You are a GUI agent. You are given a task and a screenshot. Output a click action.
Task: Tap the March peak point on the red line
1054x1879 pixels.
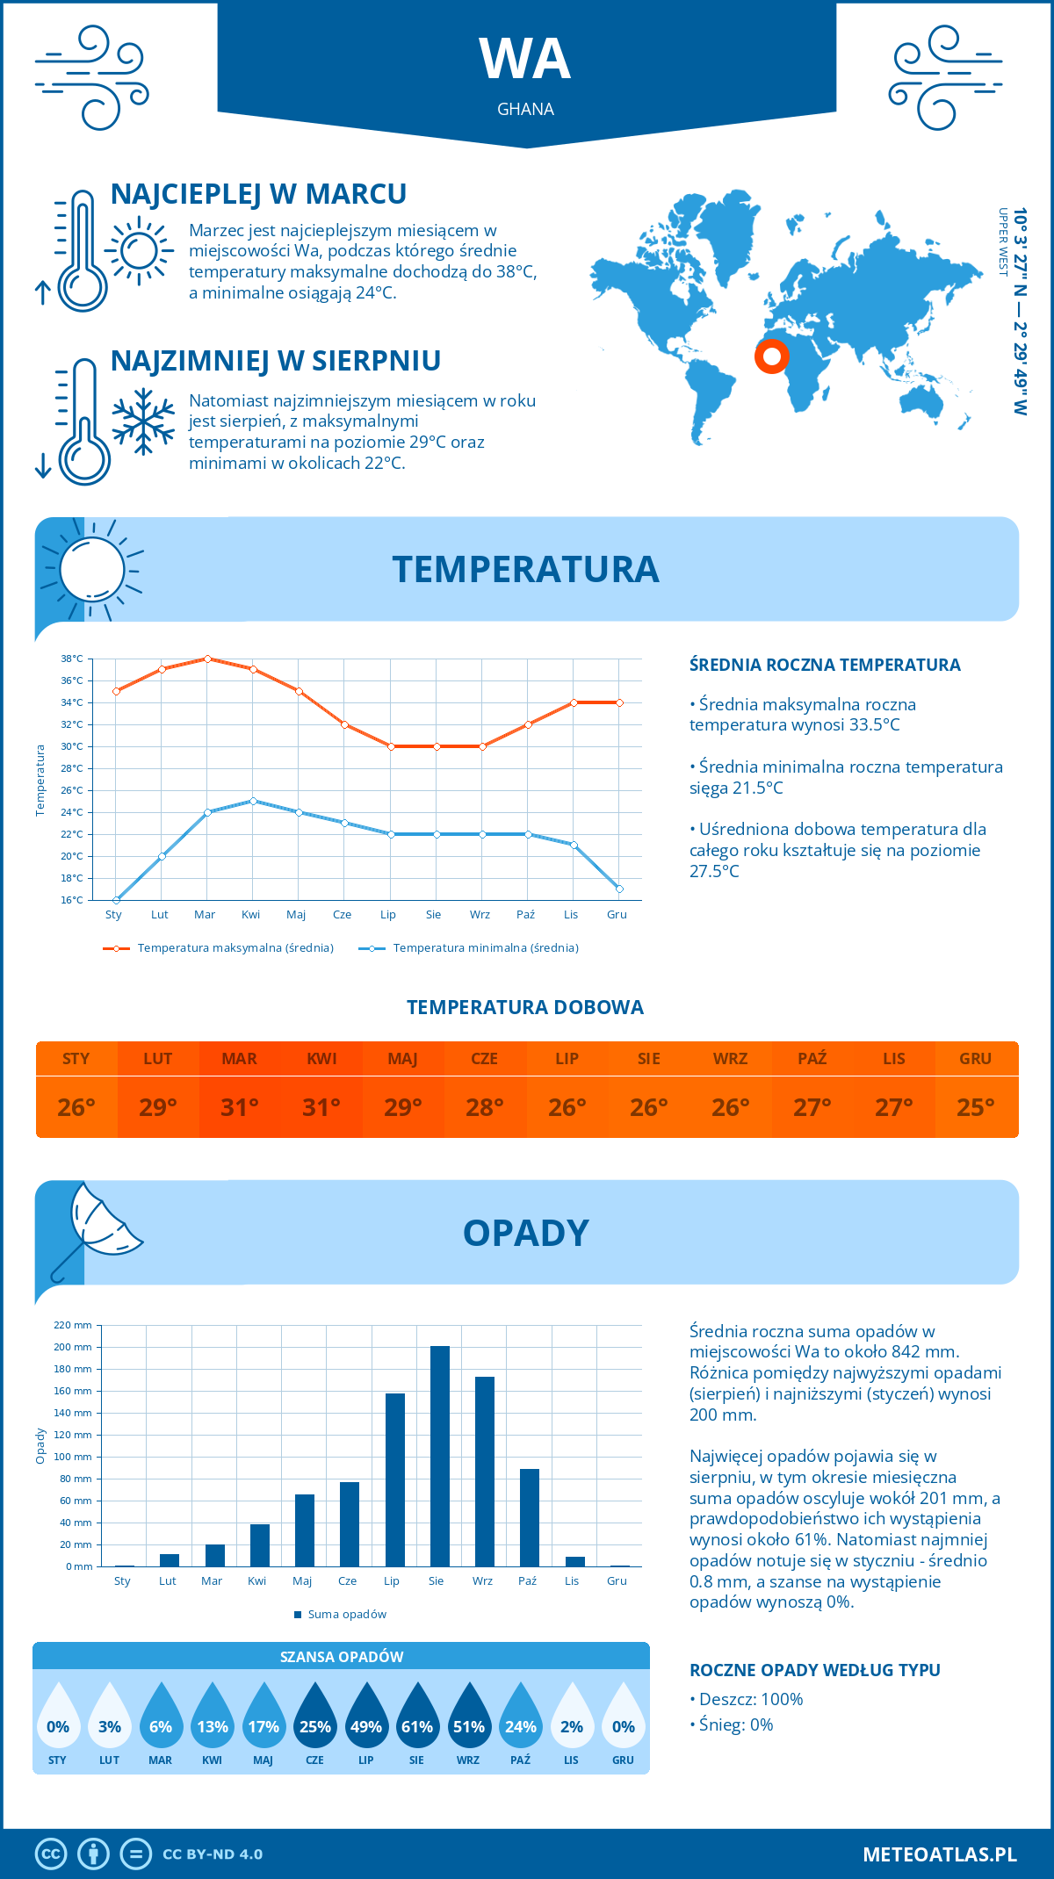pos(207,659)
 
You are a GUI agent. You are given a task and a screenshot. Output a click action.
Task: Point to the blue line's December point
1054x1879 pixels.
pos(619,889)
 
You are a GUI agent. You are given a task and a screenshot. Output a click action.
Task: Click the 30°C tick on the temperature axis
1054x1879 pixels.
pos(72,746)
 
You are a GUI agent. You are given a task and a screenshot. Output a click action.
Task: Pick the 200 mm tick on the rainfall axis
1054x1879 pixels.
pos(73,1347)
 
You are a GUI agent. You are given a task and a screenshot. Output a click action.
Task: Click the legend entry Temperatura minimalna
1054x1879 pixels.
pos(469,948)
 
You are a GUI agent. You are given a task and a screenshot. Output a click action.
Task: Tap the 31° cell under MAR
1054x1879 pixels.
pos(239,1107)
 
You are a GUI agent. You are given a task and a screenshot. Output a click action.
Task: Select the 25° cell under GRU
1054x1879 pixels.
pos(976,1107)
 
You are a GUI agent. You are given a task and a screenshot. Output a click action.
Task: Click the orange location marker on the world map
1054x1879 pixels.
pos(772,356)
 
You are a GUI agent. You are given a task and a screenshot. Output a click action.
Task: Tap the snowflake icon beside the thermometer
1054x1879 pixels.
pos(143,421)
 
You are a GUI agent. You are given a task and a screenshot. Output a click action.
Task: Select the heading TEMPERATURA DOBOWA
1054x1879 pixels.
pos(525,1008)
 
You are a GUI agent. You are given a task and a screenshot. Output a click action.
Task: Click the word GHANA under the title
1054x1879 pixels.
pos(525,110)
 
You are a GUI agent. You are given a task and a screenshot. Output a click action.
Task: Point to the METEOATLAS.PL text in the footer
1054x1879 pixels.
pos(940,1854)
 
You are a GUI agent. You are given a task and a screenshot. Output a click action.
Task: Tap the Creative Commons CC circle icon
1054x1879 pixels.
pos(51,1854)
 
